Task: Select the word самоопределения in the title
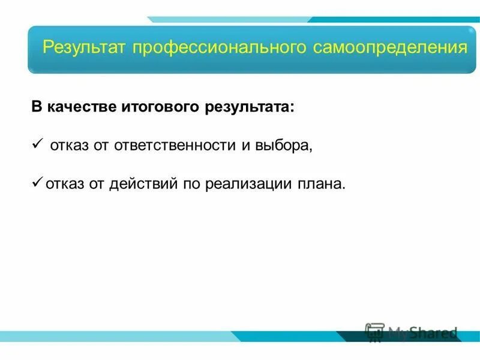point(390,47)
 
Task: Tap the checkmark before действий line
point(36,181)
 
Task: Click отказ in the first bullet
point(68,146)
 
